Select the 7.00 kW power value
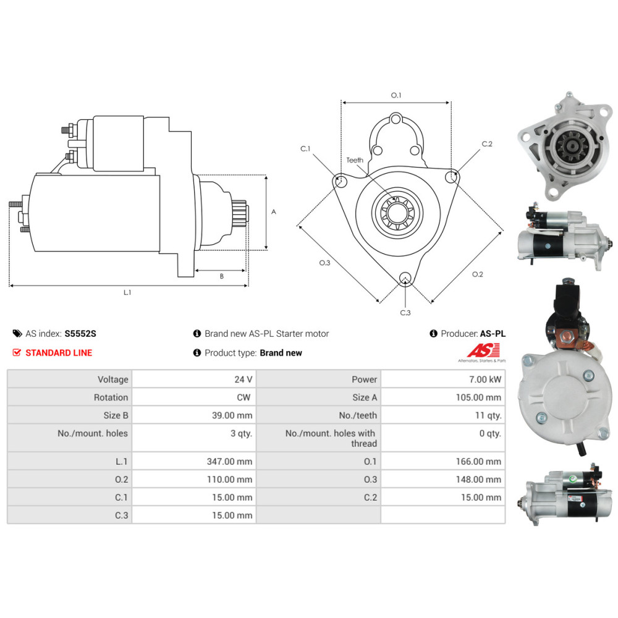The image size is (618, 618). (486, 379)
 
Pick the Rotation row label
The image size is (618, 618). (111, 397)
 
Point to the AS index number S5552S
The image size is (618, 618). (80, 334)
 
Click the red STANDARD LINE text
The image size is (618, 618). (59, 353)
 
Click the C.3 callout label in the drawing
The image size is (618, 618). (405, 313)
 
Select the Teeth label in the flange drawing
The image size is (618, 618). (354, 160)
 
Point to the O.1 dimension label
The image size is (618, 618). (396, 95)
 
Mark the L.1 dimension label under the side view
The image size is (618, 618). (127, 292)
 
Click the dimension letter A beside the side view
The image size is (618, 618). (274, 212)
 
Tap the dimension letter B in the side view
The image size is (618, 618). (221, 276)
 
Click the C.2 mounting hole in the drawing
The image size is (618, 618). (451, 177)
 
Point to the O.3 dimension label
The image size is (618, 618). (324, 263)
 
